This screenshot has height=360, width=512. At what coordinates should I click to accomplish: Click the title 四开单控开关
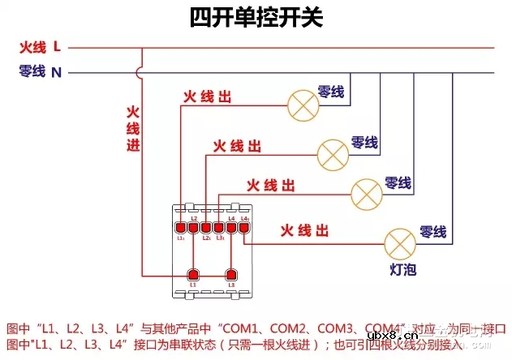pos(256,18)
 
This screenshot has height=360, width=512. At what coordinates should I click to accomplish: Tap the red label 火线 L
pos(40,47)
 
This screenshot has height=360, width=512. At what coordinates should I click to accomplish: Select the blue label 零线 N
pos(40,72)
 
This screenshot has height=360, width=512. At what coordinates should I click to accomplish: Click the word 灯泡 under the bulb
pos(402,268)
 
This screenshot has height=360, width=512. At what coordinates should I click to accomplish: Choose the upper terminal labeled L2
pos(193,227)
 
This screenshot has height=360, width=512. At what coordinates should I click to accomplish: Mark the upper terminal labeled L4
pos(231,227)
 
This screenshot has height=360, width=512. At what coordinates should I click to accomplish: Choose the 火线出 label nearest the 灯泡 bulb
pos(305,231)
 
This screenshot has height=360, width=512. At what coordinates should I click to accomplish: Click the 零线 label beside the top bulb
pos(330,92)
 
